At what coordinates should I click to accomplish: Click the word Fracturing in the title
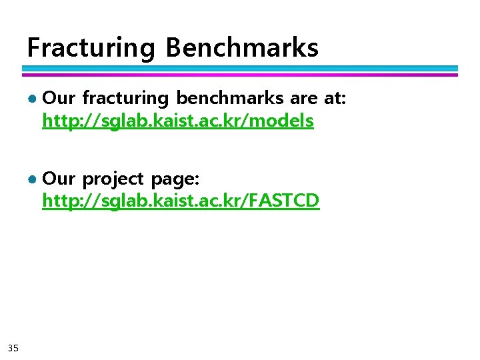point(91,48)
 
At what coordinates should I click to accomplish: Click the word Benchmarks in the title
point(242,48)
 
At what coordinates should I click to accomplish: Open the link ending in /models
point(177,121)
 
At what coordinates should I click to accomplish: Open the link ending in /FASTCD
point(181,200)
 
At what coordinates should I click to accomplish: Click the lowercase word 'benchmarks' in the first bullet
point(230,98)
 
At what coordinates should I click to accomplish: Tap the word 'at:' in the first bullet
point(335,99)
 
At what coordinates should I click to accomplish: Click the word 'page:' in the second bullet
point(175,179)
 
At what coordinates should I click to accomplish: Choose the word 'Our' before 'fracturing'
point(59,99)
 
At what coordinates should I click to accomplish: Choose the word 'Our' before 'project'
point(59,179)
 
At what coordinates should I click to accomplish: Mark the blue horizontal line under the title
point(240,68)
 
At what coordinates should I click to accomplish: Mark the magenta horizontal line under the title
point(240,74)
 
